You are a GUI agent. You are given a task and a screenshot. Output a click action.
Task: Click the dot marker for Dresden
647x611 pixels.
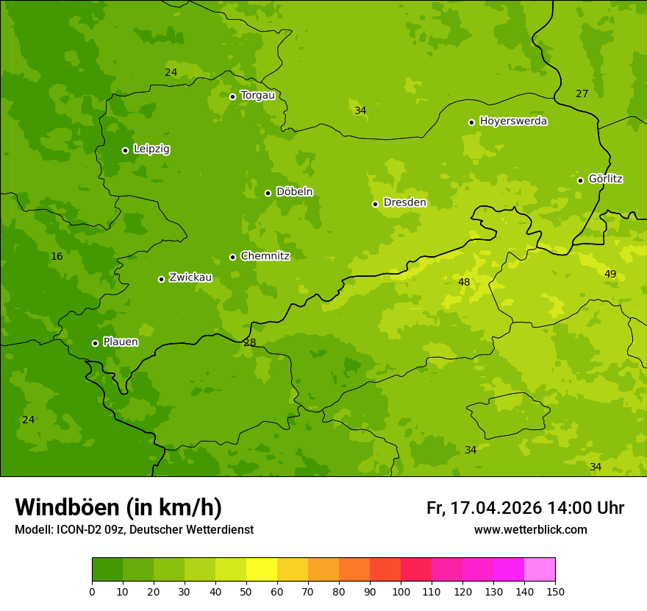point(375,204)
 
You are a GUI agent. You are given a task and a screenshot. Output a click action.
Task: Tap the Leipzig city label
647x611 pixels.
point(151,149)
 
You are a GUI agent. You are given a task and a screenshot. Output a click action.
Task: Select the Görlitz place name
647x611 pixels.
point(606,179)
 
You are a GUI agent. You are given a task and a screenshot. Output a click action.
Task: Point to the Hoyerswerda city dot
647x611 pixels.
point(471,122)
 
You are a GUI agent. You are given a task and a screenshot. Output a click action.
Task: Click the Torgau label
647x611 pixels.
point(257,95)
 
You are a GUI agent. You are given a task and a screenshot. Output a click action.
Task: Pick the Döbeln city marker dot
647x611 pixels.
point(268,193)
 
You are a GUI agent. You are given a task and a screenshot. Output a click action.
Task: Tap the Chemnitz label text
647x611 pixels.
point(265,256)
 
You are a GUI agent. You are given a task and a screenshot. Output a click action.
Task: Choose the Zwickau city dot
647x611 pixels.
point(161,279)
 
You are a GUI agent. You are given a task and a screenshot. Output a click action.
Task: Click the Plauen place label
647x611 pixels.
point(121,342)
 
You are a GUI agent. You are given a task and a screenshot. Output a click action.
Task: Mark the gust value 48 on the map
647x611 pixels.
point(464,282)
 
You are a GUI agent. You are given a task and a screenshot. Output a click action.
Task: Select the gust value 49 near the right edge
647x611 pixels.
point(610,274)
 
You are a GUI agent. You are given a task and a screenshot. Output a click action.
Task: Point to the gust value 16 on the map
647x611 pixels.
point(57,256)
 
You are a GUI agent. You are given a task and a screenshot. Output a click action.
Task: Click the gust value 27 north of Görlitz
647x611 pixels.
point(582,93)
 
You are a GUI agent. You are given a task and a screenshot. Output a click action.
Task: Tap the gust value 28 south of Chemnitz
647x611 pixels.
point(250,342)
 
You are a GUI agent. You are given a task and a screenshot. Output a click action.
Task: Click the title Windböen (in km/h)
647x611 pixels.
point(118,507)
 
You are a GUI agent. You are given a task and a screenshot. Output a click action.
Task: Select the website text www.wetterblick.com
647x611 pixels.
point(530,530)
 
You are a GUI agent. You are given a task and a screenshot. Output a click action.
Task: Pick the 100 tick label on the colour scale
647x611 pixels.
point(401,591)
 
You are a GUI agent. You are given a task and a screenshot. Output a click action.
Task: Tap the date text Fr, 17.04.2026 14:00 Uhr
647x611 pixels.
point(525,508)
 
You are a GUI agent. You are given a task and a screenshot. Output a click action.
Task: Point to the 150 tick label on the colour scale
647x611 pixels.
point(555,591)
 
